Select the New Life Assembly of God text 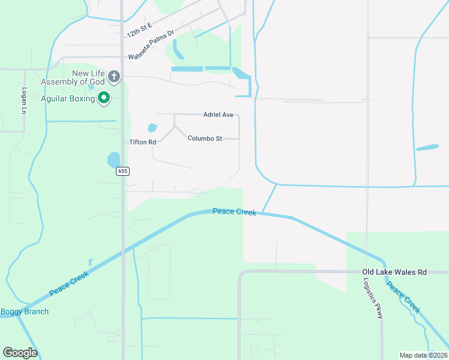tap(73, 77)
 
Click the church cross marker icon tap(115, 77)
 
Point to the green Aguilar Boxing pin tap(104, 98)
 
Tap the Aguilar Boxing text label tap(68, 98)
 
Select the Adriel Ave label tap(218, 114)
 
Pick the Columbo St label tap(205, 138)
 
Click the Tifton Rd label tap(143, 142)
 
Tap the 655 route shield tap(122, 171)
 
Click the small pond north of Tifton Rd tap(152, 128)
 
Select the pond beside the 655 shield tap(113, 160)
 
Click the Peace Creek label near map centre tap(234, 212)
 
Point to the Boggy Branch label tap(24, 311)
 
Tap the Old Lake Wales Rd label tap(394, 272)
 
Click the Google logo tap(20, 353)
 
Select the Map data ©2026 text tap(423, 355)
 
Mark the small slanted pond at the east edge tap(427, 147)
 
